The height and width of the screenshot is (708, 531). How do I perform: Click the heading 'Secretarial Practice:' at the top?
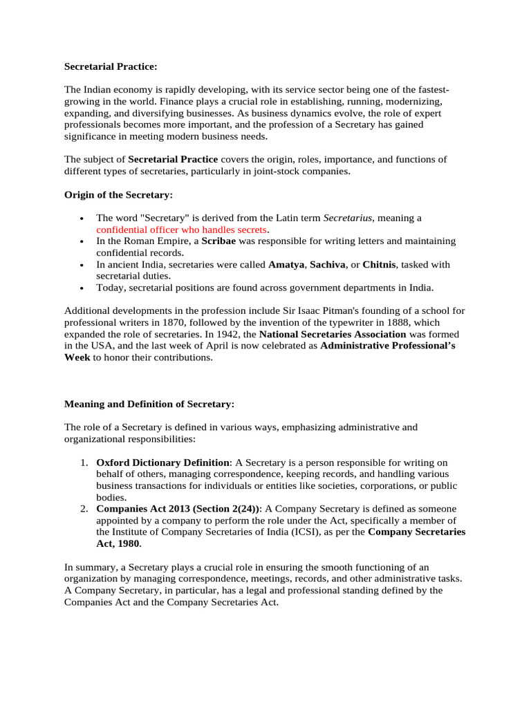[111, 67]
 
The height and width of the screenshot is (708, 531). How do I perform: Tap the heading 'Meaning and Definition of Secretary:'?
[149, 404]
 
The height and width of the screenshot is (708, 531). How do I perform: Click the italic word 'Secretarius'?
[348, 218]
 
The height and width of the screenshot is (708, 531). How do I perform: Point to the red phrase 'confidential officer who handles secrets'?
[181, 229]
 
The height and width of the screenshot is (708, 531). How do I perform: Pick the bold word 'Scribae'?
[220, 241]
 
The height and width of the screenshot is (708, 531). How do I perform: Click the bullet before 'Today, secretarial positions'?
[82, 288]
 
